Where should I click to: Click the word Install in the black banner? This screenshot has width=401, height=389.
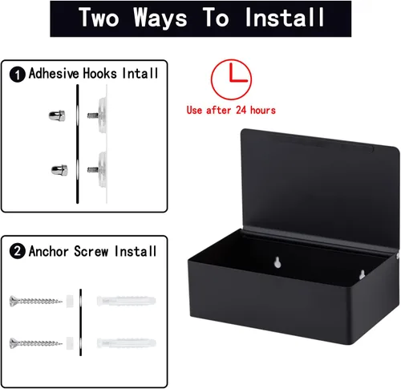[285, 17]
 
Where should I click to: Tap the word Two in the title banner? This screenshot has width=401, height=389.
[99, 17]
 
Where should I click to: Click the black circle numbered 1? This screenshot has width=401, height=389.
[18, 75]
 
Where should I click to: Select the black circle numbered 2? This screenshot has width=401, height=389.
[18, 251]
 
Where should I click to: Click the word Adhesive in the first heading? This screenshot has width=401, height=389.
[54, 73]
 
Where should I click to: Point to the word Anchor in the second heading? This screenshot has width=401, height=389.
[49, 251]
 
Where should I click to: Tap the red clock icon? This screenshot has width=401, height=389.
[231, 79]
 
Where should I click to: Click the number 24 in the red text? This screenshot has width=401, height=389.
[241, 110]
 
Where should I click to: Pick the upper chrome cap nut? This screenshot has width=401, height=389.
[57, 115]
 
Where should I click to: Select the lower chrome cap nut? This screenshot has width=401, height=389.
[59, 170]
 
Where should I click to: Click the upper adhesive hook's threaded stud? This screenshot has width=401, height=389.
[93, 115]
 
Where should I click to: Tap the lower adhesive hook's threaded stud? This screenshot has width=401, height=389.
[93, 169]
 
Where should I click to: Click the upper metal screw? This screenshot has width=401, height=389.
[36, 301]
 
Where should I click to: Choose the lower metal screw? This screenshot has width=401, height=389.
[36, 343]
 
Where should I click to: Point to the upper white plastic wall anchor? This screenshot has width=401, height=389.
[126, 301]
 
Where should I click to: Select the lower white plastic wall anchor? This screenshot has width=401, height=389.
[126, 343]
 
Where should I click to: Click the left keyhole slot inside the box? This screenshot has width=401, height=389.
[277, 262]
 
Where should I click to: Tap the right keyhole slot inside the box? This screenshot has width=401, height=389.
[362, 274]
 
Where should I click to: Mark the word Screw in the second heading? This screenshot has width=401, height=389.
[91, 251]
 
